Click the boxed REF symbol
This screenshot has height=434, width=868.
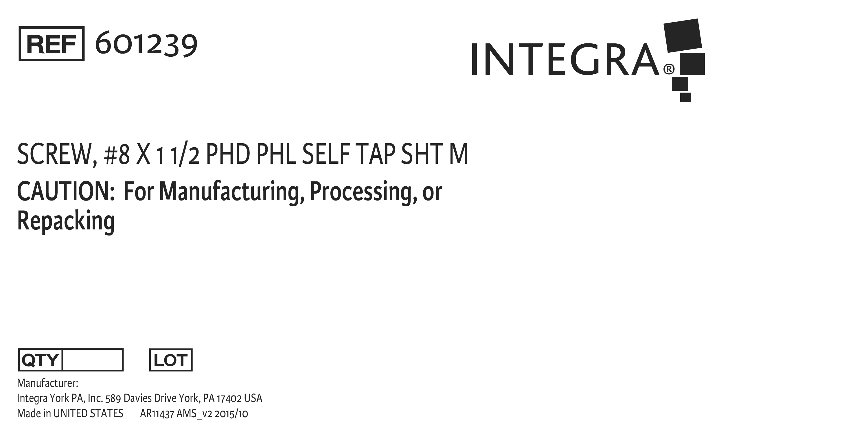point(51,43)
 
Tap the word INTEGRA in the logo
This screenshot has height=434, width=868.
point(565,59)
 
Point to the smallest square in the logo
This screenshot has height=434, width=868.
point(685,97)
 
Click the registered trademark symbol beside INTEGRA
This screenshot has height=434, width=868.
point(669,69)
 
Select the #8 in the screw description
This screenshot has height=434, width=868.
point(117,154)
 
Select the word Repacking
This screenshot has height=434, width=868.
point(66,221)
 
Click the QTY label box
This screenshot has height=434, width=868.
point(41,360)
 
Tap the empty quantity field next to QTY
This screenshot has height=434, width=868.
point(93,360)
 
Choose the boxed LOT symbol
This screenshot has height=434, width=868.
point(171,360)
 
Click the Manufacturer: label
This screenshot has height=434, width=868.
point(47,383)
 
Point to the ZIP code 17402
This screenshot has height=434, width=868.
point(229,398)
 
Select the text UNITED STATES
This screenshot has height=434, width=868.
point(88,413)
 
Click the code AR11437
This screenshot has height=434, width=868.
point(157,414)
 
